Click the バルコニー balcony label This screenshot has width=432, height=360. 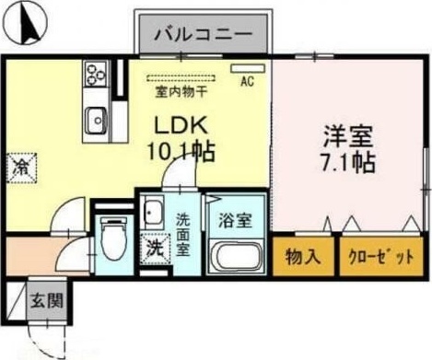(204, 35)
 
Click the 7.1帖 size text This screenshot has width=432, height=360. (346, 164)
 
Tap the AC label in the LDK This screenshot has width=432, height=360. (246, 82)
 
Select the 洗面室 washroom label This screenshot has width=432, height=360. (183, 235)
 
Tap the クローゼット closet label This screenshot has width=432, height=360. (379, 257)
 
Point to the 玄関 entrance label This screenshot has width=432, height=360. (44, 299)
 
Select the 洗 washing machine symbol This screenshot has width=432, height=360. (152, 247)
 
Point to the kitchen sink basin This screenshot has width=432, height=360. (96, 117)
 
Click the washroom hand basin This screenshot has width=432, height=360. (153, 211)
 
